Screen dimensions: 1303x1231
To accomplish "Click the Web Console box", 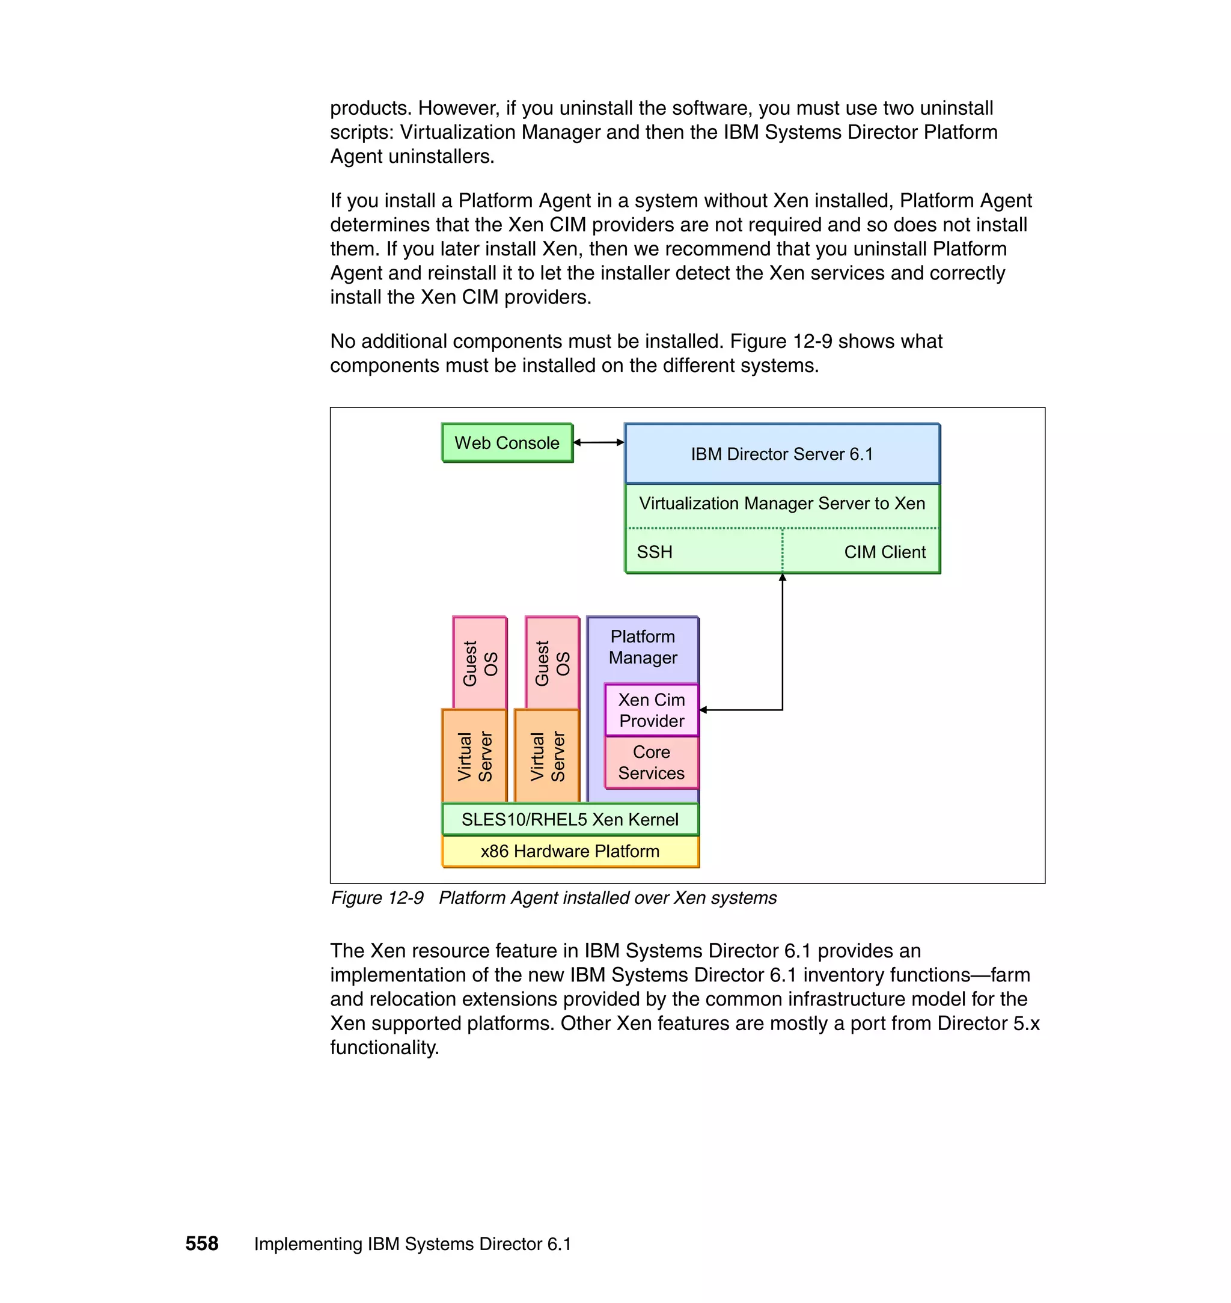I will click(507, 443).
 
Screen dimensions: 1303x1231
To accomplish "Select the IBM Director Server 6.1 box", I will click(781, 454).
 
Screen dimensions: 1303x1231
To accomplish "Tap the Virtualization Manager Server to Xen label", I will click(781, 503).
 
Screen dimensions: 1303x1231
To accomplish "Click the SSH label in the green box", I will click(654, 552).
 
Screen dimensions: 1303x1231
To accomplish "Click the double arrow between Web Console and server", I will click(599, 442).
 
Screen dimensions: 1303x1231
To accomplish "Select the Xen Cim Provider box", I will click(651, 710).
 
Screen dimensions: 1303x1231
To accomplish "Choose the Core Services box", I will click(651, 762).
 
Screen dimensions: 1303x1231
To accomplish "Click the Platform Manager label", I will click(643, 647).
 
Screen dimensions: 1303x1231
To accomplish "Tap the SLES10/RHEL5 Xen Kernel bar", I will click(570, 819).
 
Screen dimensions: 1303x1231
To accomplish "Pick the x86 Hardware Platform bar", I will click(570, 851).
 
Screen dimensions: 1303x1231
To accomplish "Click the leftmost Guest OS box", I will click(480, 663).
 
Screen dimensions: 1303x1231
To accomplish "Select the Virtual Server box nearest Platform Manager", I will click(547, 757).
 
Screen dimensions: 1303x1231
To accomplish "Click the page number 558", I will click(201, 1243).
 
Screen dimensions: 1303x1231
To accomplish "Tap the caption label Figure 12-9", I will click(377, 897).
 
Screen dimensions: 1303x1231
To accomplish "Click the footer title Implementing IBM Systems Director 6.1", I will click(412, 1244).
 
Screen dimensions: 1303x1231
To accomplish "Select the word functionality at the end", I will click(384, 1047).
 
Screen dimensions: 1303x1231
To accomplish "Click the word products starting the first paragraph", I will click(371, 108).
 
